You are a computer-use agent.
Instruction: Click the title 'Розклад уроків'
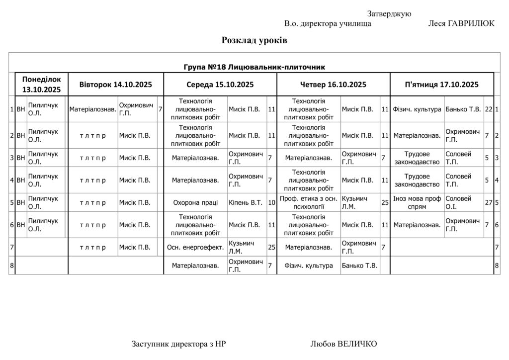(254, 41)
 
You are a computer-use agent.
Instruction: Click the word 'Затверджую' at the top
(389, 14)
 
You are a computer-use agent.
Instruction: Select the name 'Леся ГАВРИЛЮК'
(461, 24)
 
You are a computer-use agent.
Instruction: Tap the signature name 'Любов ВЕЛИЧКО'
(343, 344)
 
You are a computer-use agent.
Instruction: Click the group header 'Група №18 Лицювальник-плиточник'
(254, 67)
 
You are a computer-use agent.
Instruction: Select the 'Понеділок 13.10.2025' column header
(41, 85)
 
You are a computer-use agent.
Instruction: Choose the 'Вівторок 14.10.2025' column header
(115, 85)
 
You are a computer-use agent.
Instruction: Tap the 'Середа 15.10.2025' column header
(220, 85)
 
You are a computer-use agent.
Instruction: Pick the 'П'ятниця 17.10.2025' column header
(442, 85)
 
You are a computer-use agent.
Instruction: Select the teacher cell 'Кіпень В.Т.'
(246, 202)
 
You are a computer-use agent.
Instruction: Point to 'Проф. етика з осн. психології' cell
(309, 202)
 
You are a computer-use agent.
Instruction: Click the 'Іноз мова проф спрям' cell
(417, 202)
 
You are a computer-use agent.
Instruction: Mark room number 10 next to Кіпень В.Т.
(271, 202)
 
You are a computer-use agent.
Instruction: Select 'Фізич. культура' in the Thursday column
(309, 266)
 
